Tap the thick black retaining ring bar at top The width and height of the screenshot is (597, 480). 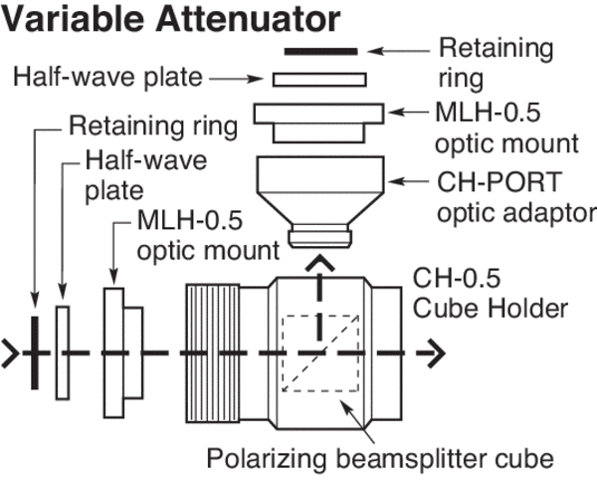(320, 51)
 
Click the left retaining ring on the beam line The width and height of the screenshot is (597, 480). (37, 353)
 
